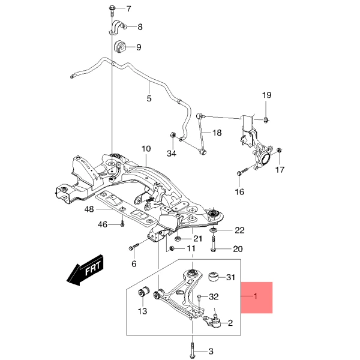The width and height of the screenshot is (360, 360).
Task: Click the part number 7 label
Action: coord(127,9)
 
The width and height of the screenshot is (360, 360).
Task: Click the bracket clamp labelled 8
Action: coord(118,28)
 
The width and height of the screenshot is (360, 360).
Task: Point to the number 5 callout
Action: coord(149,98)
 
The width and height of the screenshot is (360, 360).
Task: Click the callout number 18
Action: coord(217,133)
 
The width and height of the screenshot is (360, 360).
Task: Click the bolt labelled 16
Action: coord(240,173)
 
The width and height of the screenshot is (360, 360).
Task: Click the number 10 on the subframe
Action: coord(146,149)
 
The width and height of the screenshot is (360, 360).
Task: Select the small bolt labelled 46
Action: coord(122,224)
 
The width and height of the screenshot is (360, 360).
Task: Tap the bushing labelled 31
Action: coord(212,277)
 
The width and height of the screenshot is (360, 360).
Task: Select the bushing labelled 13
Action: coord(143,292)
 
